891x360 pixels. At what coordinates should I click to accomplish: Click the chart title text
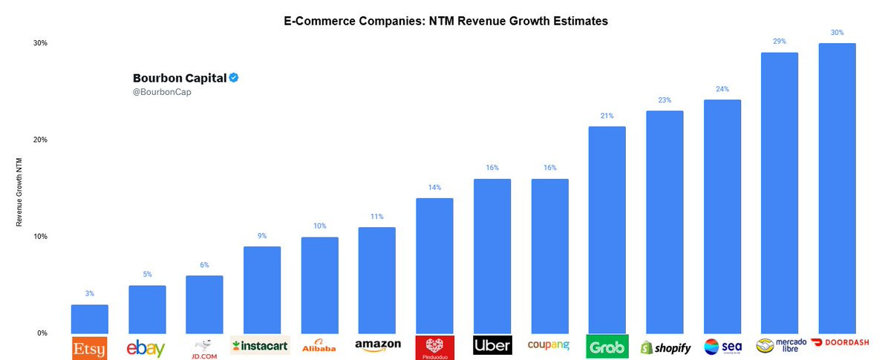click(446, 22)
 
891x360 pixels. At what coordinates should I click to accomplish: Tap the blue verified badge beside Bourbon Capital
click(233, 78)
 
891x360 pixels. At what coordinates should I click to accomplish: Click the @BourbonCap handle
click(157, 92)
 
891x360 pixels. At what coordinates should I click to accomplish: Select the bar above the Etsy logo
click(90, 319)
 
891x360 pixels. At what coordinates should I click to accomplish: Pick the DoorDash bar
click(837, 189)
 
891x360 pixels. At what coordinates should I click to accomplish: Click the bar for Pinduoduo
click(434, 266)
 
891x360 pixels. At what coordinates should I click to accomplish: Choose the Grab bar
click(607, 230)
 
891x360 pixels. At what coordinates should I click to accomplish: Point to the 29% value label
click(779, 42)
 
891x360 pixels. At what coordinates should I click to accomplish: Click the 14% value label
click(434, 188)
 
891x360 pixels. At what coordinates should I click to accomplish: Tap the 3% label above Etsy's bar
click(90, 294)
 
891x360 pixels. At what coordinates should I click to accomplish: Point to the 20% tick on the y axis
click(39, 140)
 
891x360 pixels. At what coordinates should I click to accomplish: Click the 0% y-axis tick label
click(42, 333)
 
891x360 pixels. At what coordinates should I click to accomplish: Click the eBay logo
click(147, 347)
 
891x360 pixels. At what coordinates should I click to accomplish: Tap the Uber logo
click(492, 346)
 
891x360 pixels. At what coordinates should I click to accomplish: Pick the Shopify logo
click(665, 347)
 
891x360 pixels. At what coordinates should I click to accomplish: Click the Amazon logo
click(377, 345)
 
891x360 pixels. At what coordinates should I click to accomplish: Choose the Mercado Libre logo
click(780, 346)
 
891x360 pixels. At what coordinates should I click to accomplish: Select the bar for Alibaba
click(319, 285)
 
